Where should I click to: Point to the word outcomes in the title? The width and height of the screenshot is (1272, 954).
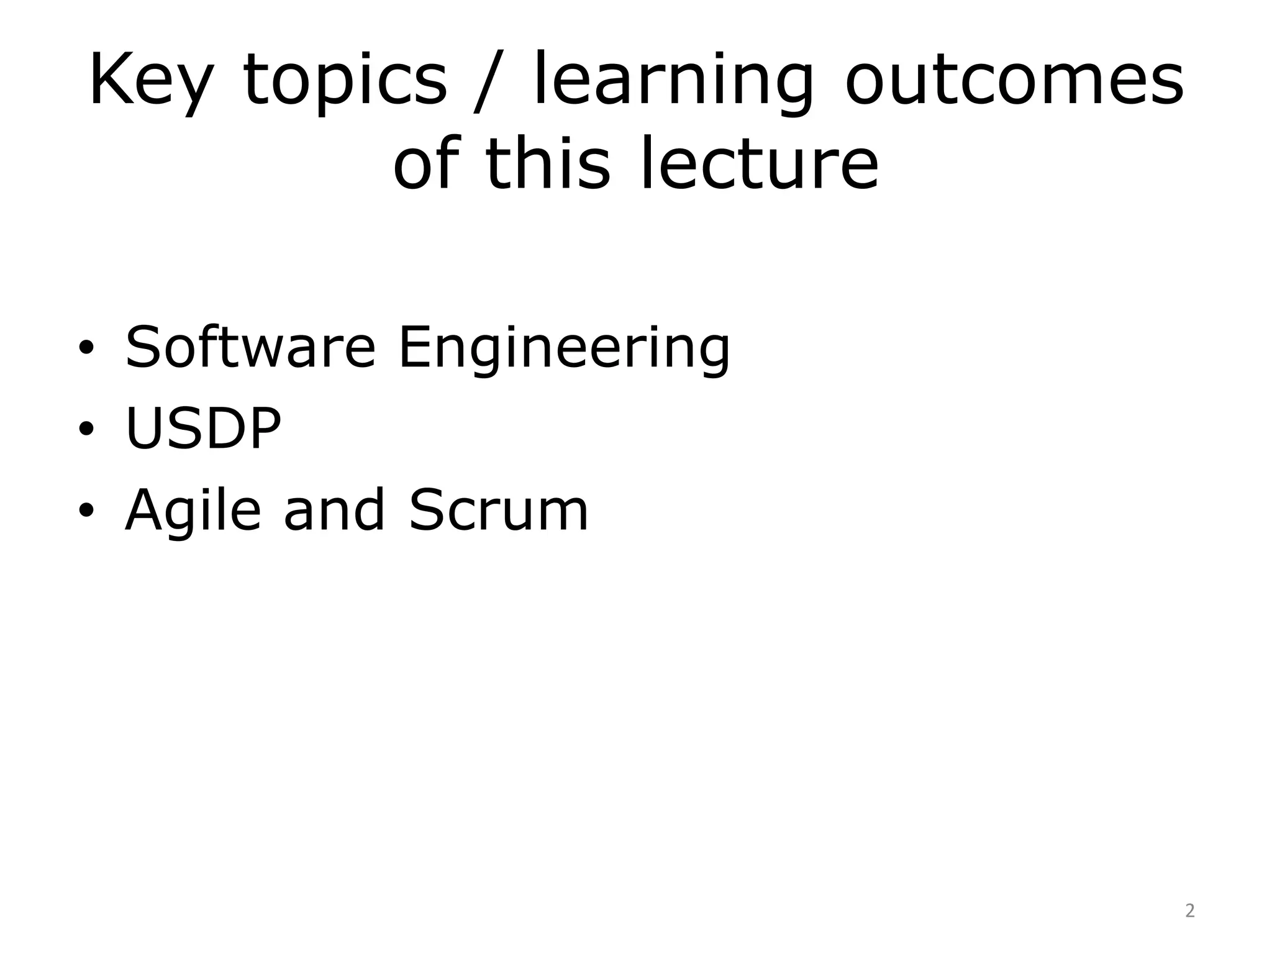click(1014, 81)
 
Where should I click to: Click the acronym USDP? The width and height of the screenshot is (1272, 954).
click(203, 429)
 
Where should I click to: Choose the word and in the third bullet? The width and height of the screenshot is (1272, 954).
click(334, 510)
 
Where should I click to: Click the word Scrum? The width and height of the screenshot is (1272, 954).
click(498, 510)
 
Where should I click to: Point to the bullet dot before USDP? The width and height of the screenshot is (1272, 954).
click(86, 429)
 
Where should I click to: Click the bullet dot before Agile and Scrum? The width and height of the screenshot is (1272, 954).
click(86, 511)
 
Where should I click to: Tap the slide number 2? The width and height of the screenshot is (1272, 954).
click(1189, 911)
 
